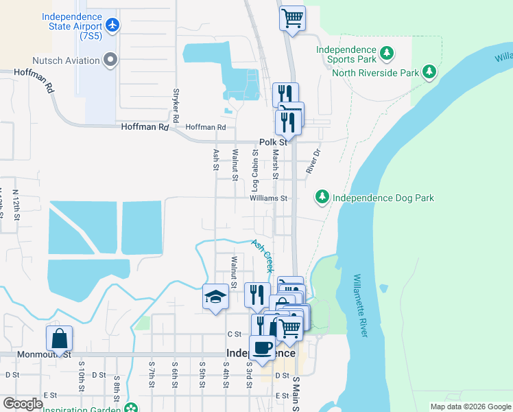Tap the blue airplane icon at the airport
click(x=113, y=25)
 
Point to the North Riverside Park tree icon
click(x=429, y=71)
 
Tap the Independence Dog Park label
click(x=383, y=198)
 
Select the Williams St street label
click(x=267, y=198)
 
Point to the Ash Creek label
click(x=263, y=256)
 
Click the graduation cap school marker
click(x=215, y=297)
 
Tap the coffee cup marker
click(x=261, y=347)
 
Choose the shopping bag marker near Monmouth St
click(x=60, y=339)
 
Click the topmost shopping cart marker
click(x=292, y=17)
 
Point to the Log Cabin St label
click(x=254, y=170)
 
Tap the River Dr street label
click(x=314, y=159)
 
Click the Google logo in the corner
click(x=23, y=404)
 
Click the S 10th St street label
click(x=81, y=380)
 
